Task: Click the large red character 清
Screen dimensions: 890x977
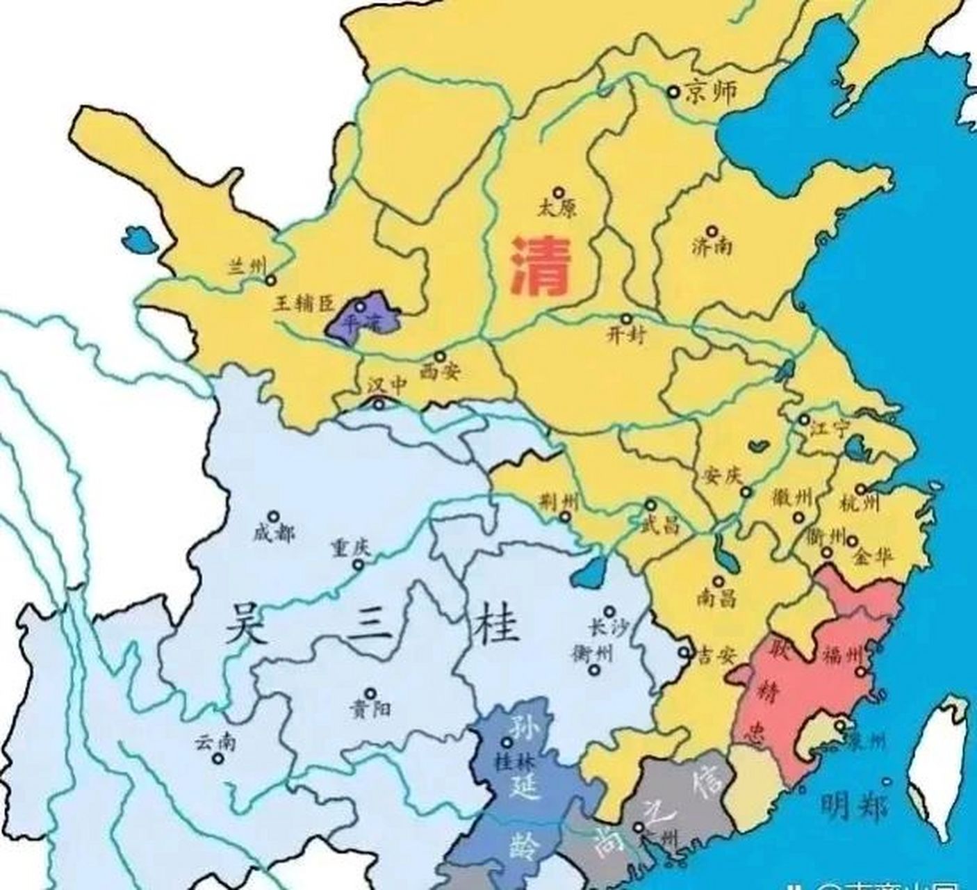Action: point(541,266)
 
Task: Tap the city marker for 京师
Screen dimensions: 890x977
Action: point(673,91)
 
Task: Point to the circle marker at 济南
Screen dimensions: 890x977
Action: point(712,231)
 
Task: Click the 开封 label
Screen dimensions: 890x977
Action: point(627,336)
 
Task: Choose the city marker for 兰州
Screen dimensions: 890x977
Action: point(270,280)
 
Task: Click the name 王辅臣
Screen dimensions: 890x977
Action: point(303,304)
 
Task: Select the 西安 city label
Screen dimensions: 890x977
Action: point(441,372)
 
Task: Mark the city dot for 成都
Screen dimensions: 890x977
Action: point(274,517)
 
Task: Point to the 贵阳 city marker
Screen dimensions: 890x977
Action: point(370,693)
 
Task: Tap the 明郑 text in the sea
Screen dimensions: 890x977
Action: point(853,807)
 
